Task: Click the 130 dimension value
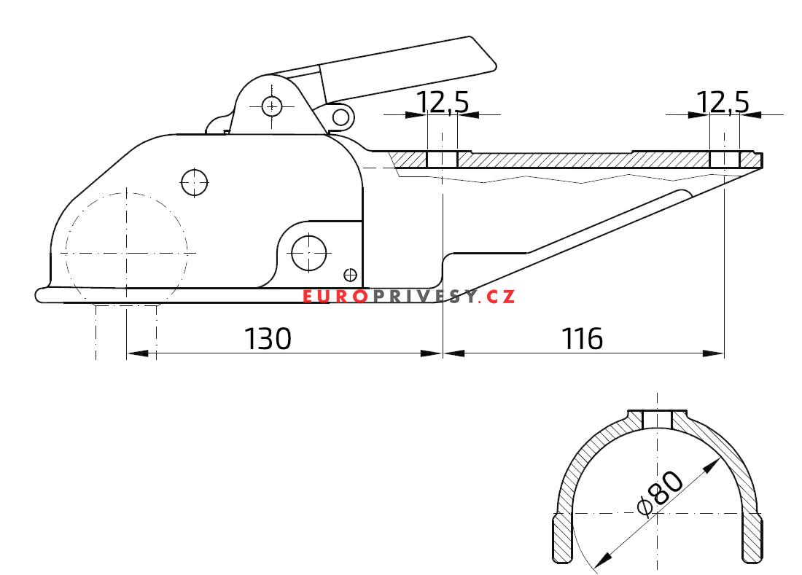click(267, 338)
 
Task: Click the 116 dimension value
click(583, 338)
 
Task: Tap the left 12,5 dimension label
click(443, 103)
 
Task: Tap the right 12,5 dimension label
click(723, 103)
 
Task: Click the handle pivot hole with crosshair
click(272, 106)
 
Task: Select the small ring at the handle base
click(340, 115)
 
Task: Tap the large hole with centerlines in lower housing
click(308, 252)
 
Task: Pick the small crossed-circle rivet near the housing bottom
click(350, 274)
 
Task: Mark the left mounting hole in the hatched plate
click(442, 159)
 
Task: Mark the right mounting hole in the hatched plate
click(724, 159)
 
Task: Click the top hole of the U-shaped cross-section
click(658, 419)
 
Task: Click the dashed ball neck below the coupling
click(127, 328)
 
